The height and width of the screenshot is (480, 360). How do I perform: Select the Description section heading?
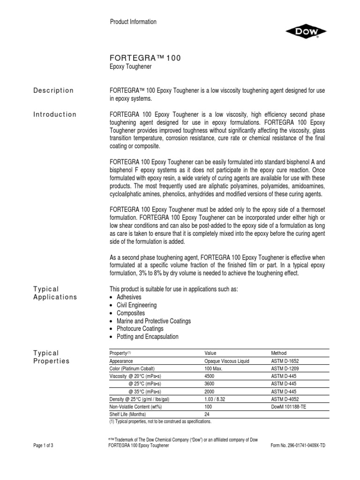click(52, 90)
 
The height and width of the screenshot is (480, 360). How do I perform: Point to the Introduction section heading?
click(54, 114)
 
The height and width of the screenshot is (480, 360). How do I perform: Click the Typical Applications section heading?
click(54, 293)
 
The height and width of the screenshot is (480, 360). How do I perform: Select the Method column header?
click(279, 353)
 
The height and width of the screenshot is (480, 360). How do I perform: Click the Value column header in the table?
click(211, 353)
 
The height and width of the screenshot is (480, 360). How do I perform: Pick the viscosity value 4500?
click(210, 376)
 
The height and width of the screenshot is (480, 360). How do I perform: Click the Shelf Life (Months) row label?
click(127, 414)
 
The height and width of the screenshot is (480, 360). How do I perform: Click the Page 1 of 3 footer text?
click(44, 445)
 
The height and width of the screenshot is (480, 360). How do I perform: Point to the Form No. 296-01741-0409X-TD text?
click(298, 445)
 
